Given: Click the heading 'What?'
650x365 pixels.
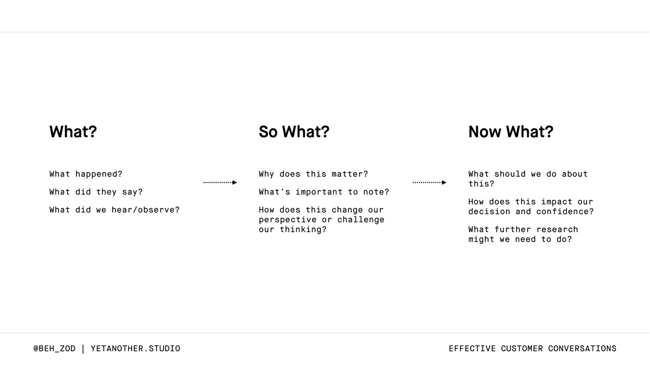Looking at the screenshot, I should pos(73,132).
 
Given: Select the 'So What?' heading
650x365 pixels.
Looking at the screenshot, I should pos(294,132).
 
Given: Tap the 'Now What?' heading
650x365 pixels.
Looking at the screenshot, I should pos(511,132).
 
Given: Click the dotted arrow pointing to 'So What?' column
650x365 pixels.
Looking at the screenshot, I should pos(220,183).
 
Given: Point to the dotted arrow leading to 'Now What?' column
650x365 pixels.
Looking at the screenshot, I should pos(430,183).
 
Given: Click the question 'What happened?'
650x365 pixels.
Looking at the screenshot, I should pos(86,174).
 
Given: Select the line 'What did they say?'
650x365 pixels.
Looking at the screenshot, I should pos(96,192).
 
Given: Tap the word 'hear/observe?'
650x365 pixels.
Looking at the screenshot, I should pos(146,210).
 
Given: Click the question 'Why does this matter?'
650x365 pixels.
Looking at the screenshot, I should pos(313,174).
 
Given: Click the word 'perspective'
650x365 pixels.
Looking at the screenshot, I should pos(288,220).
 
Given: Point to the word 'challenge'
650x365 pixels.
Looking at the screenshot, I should pos(361,220).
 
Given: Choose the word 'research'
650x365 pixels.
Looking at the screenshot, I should pos(557,229).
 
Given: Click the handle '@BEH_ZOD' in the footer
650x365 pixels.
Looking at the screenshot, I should pos(54,349).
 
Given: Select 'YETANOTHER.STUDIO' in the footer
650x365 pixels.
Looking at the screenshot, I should pos(135,349).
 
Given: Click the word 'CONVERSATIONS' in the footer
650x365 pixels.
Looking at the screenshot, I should pos(582,349).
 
